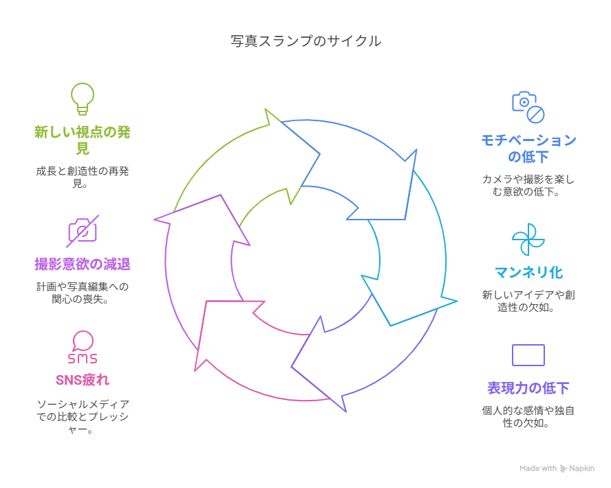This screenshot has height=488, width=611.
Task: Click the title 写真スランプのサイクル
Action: (x=305, y=41)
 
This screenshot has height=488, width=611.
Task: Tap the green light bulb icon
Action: (x=83, y=98)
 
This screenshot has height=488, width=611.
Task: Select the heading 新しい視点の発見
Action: (x=83, y=140)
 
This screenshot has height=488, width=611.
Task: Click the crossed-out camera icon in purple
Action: (x=83, y=231)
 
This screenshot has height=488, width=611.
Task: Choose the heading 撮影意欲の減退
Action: (x=83, y=264)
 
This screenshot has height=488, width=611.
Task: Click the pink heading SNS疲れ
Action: (x=83, y=380)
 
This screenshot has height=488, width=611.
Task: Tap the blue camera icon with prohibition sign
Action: (x=528, y=107)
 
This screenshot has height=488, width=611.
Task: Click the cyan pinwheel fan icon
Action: (x=528, y=239)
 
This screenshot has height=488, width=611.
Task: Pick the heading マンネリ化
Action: (x=528, y=272)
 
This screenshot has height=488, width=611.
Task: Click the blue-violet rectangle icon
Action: (x=528, y=355)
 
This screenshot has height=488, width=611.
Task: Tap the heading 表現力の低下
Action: (x=528, y=388)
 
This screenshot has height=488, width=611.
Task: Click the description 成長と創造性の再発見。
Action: (x=83, y=178)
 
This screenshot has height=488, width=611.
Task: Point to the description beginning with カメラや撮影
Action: (x=528, y=185)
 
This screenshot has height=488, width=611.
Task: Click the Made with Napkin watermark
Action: (x=556, y=468)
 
